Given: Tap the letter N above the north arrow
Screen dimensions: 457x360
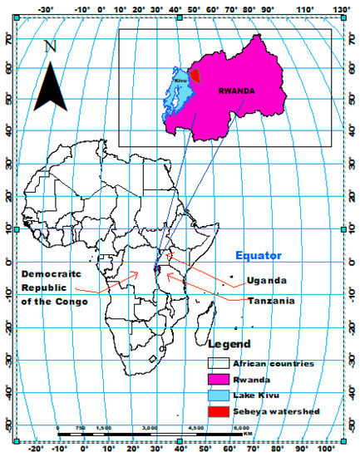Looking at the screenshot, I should (x=51, y=47).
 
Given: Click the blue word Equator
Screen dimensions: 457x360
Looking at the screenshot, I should (x=258, y=256).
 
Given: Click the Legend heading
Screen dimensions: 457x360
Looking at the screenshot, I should (x=231, y=343).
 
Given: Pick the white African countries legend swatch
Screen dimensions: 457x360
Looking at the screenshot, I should (x=219, y=362).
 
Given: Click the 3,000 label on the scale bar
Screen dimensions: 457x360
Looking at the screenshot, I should (x=150, y=427).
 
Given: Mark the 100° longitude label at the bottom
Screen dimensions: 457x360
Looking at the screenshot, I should (x=339, y=450).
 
